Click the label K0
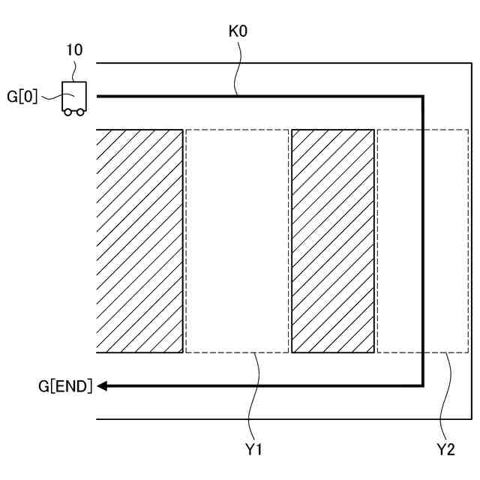click(x=238, y=34)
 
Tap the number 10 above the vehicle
click(x=74, y=50)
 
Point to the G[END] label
click(x=66, y=386)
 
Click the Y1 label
click(x=253, y=449)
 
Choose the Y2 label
click(x=446, y=449)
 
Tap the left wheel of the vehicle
click(x=67, y=112)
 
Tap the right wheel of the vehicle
click(x=79, y=112)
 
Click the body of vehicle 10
click(x=73, y=95)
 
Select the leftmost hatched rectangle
click(x=139, y=241)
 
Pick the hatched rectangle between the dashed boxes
click(x=332, y=241)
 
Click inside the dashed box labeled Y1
click(x=237, y=241)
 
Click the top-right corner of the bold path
click(x=423, y=97)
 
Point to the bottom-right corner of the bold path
click(x=423, y=385)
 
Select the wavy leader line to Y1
click(x=256, y=397)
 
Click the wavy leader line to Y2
click(x=448, y=397)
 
